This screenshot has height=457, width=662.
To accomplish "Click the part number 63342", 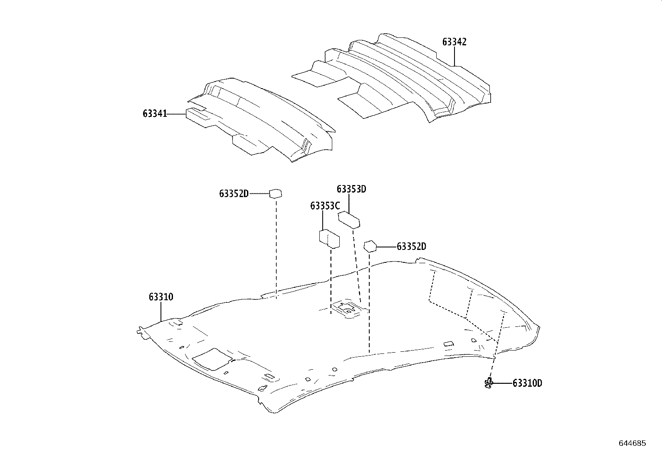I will tap(454, 42).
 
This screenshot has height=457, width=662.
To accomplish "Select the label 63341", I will tap(155, 114).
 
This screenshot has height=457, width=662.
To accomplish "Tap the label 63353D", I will tap(351, 189).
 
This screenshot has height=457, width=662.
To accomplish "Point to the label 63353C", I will tap(325, 206).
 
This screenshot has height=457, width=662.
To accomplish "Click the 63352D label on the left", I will tap(234, 194).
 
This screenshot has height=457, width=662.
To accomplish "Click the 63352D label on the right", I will tap(411, 247).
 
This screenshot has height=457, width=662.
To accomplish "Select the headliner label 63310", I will tap(161, 297).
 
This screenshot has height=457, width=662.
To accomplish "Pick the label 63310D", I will tap(527, 383).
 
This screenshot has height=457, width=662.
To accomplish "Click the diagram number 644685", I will tap(632, 443).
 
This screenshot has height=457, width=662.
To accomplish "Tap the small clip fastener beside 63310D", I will tap(489, 383).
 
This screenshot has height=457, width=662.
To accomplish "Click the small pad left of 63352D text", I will tap(276, 193).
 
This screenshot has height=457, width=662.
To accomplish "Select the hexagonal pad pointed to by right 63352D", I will tap(370, 246).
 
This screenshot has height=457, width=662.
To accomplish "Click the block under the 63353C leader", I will tap(329, 239).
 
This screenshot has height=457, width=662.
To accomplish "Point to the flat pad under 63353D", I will tap(349, 220).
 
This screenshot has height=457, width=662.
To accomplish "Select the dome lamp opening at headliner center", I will tap(348, 309).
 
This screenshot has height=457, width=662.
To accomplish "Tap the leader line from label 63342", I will tap(455, 57).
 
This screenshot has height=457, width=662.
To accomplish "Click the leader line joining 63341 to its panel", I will tap(176, 114).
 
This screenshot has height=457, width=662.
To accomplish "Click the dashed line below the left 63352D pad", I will tap(276, 245).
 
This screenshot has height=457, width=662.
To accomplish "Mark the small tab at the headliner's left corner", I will tap(141, 331).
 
